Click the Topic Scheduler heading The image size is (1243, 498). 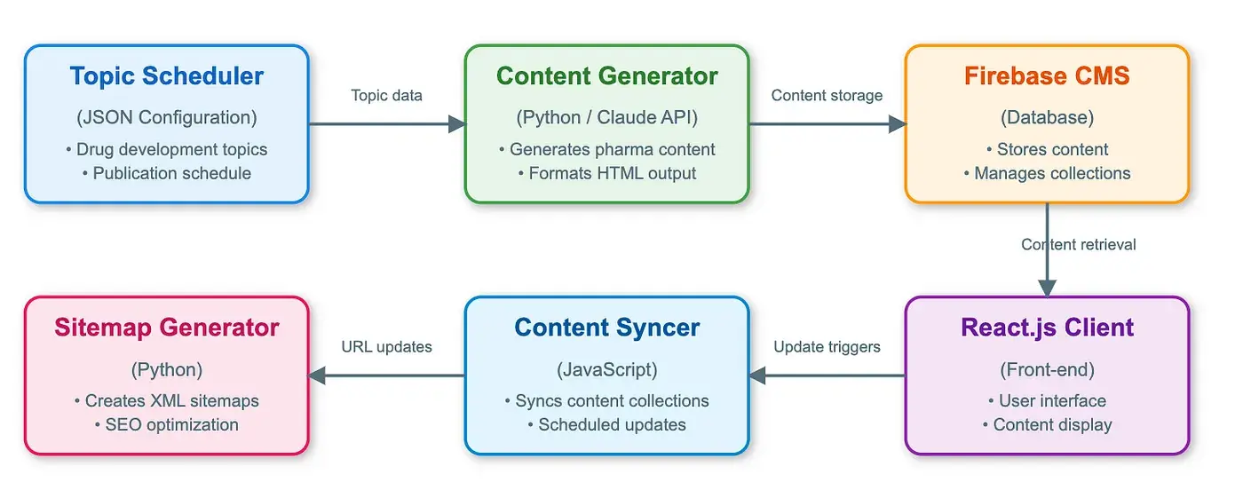point(167,76)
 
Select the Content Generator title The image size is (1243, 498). point(607,76)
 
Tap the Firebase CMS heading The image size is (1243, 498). point(1047,76)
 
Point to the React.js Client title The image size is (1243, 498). point(1047,328)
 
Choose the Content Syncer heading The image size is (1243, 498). point(607,328)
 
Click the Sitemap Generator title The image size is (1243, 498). point(167,328)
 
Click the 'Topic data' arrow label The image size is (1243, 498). point(387,95)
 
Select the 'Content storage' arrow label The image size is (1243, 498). point(827,95)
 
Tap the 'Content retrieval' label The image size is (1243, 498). point(1079,245)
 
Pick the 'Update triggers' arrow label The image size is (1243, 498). point(827,347)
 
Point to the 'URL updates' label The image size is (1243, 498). point(387,347)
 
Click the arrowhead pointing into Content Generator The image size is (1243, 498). point(457,123)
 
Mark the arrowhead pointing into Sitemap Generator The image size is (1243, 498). point(317,375)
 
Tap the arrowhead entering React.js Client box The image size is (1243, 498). point(1047,289)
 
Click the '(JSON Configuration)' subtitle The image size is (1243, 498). point(167,117)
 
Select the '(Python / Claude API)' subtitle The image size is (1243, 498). point(607,117)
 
